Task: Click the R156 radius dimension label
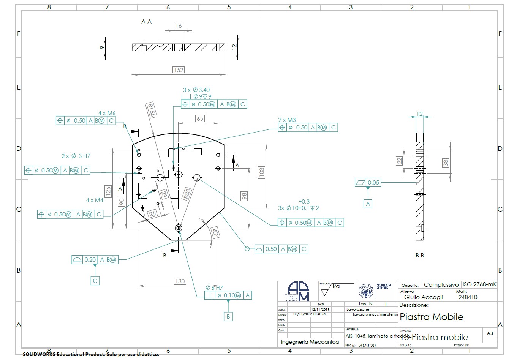point(151,110)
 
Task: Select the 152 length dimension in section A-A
point(178,70)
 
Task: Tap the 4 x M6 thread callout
point(107,113)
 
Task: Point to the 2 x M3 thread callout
point(287,120)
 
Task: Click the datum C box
point(95,281)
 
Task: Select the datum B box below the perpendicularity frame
point(228,316)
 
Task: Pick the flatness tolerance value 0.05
point(373,183)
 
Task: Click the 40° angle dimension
point(215,232)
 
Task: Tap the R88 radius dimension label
point(187,194)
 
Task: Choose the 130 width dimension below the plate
point(180,281)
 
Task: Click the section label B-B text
point(420,256)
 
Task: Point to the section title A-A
point(146,22)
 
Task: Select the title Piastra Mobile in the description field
point(432,317)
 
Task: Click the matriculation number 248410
point(468,297)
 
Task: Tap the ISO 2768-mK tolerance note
point(479,284)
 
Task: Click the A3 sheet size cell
point(490,333)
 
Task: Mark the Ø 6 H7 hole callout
point(214,288)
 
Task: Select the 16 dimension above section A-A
point(178,26)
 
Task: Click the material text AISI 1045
point(356,336)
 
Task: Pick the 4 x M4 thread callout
point(95,200)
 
